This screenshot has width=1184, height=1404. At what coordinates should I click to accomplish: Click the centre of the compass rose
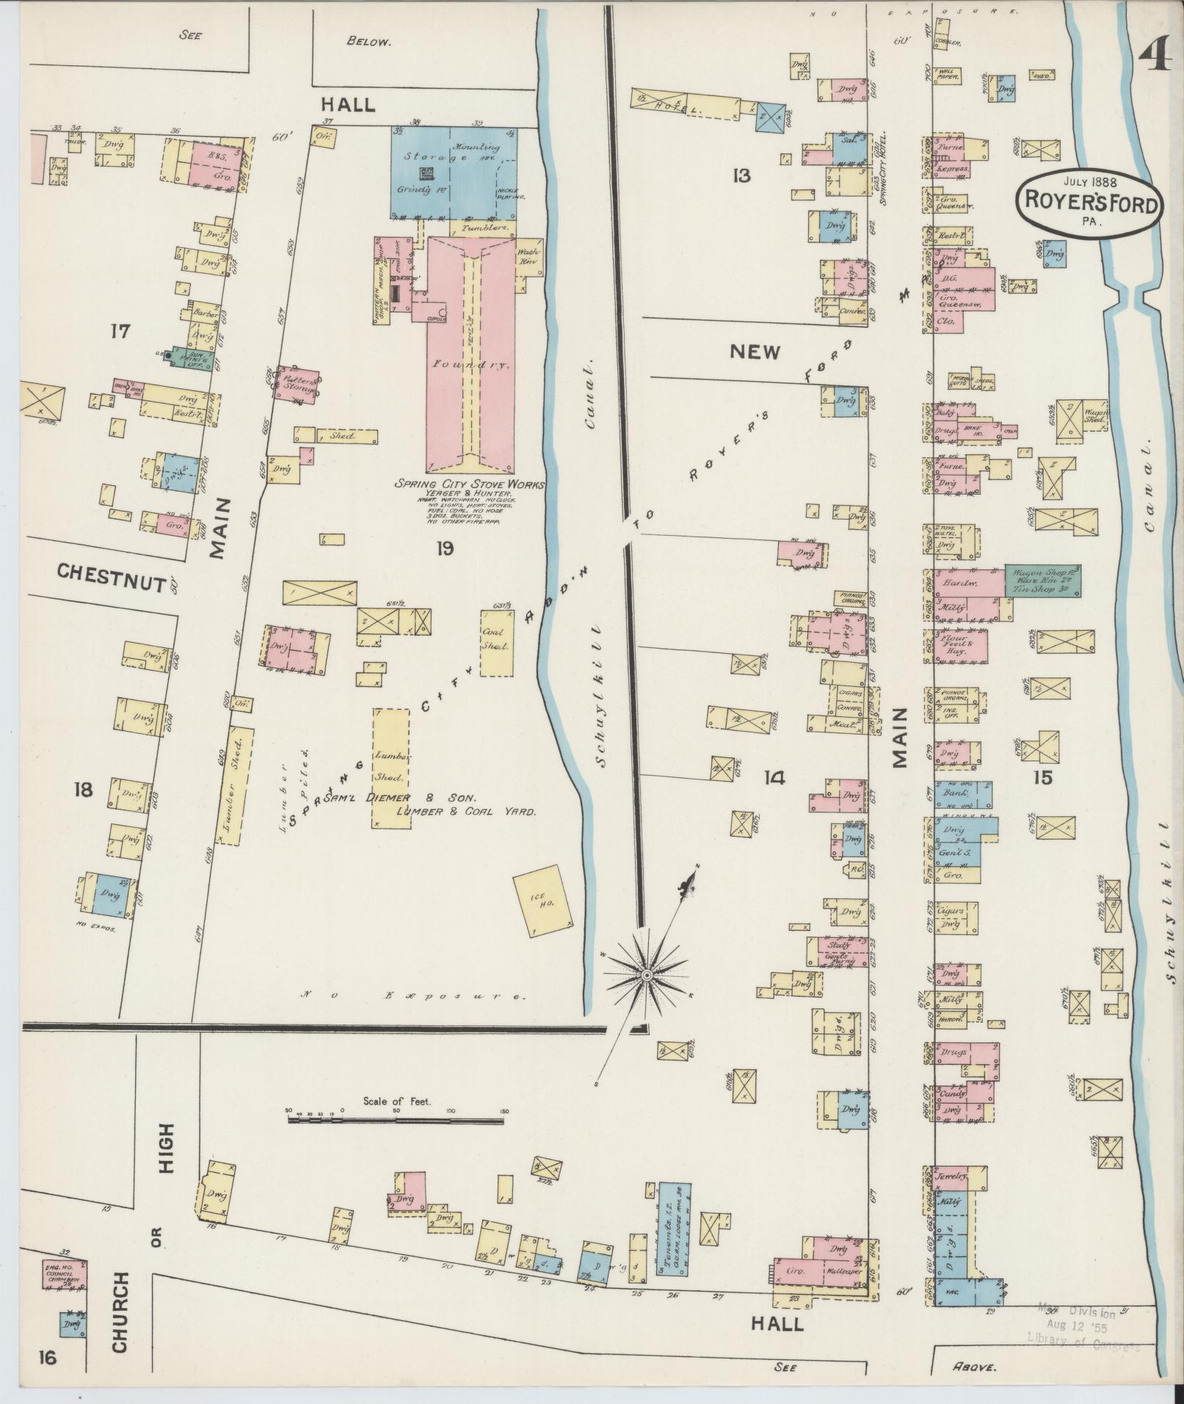coord(647,975)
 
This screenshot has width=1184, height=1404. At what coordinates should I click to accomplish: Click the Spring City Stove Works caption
coord(470,484)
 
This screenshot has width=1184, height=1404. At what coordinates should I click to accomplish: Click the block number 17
coord(119,332)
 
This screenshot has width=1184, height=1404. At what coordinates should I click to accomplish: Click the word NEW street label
coord(755,352)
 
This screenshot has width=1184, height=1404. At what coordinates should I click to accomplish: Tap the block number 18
coord(83,789)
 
